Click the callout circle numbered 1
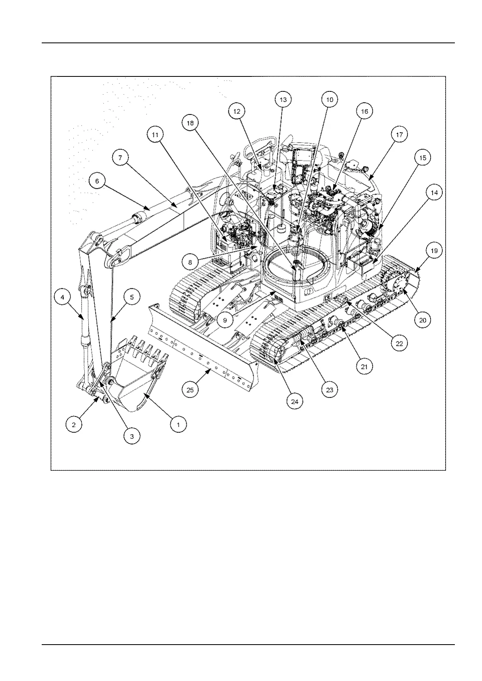[x=178, y=424]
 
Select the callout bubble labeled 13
[x=283, y=99]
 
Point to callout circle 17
[x=399, y=135]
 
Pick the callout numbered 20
[x=422, y=320]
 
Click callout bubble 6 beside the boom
[x=97, y=181]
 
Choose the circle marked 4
[x=62, y=297]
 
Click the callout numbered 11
[x=155, y=135]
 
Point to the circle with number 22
[x=399, y=343]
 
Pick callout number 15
[x=422, y=158]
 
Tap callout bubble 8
[x=190, y=262]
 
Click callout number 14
[x=434, y=193]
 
